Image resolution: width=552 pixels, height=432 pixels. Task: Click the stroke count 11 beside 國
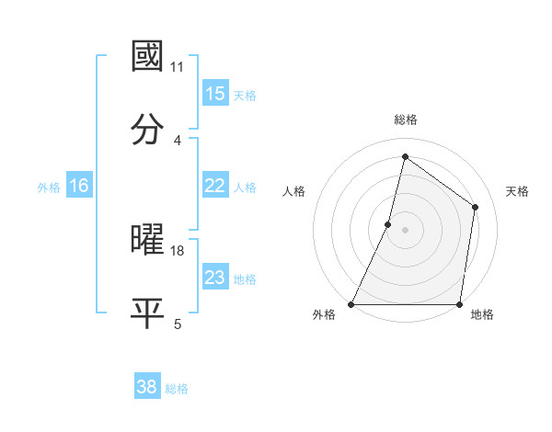point(178,66)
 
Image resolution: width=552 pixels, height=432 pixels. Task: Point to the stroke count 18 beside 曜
point(178,250)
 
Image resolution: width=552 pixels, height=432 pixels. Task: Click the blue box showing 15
point(214,94)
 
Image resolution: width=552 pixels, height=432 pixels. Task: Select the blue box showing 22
point(214,186)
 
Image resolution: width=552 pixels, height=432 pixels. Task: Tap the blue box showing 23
point(214,278)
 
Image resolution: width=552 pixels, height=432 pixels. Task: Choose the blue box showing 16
point(78,186)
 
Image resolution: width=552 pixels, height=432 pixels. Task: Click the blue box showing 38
point(146,387)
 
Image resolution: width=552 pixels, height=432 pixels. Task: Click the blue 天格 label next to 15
point(245,95)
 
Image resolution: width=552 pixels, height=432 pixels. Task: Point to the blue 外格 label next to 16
point(49,187)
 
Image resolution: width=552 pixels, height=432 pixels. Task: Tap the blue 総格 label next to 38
point(177,388)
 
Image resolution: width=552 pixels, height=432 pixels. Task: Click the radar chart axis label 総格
point(405,119)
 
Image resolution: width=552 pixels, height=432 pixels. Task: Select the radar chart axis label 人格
point(294,191)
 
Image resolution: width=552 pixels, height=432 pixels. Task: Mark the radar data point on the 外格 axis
point(351,304)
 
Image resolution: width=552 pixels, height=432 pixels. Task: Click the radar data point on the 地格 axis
point(459,304)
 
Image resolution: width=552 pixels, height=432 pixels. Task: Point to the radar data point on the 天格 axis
point(476,207)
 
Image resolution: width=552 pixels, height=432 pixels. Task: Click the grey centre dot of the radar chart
point(405,230)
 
